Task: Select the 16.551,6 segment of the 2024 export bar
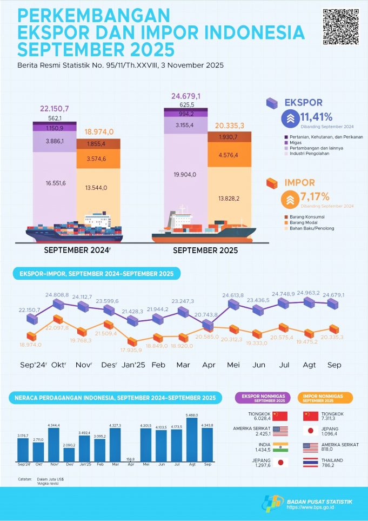(55, 184)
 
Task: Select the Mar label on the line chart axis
(183, 365)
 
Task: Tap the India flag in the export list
(280, 447)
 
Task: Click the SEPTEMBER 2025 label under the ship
(205, 251)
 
